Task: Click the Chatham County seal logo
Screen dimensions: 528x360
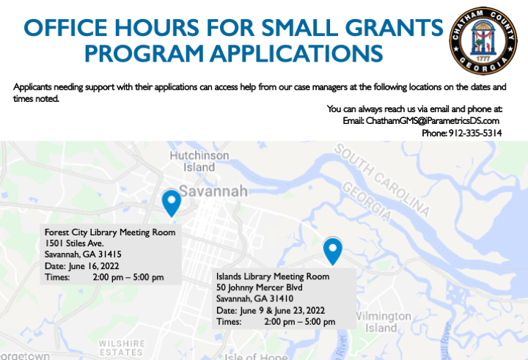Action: tap(483, 40)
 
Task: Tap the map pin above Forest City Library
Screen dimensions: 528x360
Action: tap(172, 203)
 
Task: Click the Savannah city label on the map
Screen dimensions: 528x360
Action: tap(213, 191)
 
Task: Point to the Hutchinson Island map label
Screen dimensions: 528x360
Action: tap(199, 161)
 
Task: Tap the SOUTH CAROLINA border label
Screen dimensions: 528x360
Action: tap(383, 180)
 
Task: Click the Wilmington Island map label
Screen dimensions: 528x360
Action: tap(384, 322)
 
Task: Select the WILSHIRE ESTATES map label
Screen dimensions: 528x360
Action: tap(122, 348)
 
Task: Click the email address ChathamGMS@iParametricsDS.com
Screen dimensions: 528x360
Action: tap(433, 120)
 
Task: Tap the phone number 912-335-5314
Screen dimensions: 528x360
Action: tap(475, 133)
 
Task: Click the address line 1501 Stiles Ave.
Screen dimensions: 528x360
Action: tap(74, 243)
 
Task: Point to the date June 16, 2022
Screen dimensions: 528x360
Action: tap(94, 266)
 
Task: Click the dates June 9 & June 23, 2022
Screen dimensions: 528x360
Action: tap(282, 310)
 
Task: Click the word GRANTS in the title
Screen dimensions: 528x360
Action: tap(394, 27)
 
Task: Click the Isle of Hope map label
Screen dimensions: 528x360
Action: tap(256, 356)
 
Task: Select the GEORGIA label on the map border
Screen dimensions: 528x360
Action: tap(367, 202)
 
